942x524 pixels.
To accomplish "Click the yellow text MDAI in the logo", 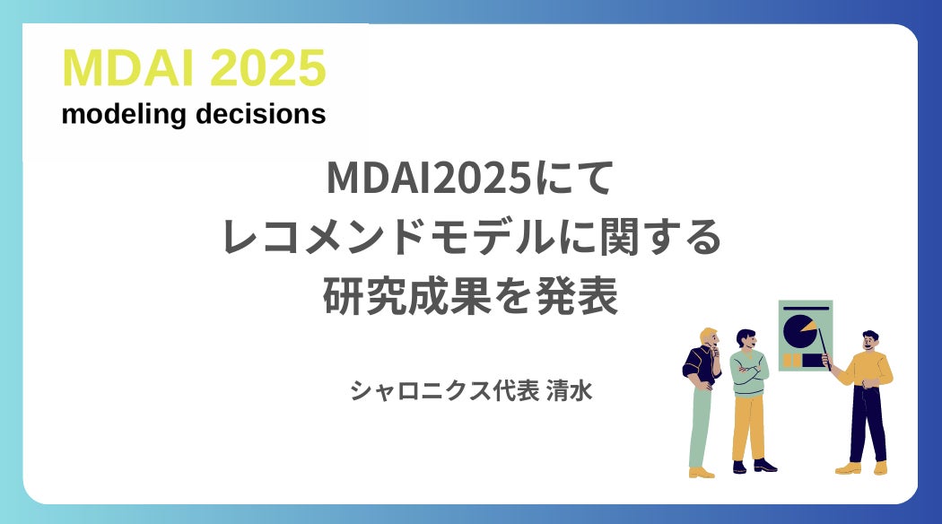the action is click(x=128, y=68).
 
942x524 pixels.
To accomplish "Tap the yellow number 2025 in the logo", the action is click(x=268, y=68).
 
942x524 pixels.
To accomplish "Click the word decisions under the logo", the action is click(x=261, y=114).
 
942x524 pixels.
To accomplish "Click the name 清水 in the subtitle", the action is click(x=569, y=390).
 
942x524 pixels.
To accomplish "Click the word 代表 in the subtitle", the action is click(x=515, y=390).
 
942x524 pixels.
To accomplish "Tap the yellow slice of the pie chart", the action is click(x=808, y=327).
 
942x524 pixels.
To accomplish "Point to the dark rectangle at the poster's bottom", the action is click(x=812, y=360).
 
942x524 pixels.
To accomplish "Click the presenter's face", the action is click(x=869, y=343).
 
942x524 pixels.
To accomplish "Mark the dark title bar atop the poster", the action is click(x=805, y=309).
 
